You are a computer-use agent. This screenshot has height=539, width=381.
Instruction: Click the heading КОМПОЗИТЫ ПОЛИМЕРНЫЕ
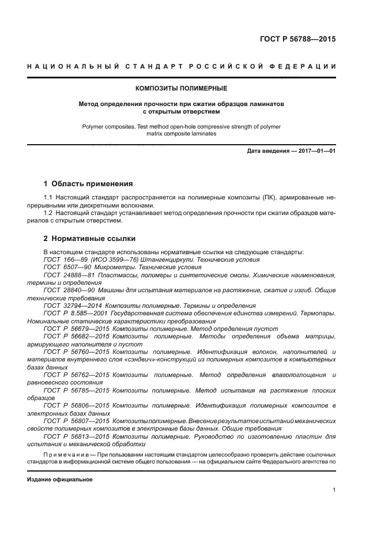181,89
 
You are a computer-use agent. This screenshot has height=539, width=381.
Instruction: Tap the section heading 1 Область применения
88,184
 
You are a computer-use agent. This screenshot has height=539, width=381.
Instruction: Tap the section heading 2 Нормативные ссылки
89,239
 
